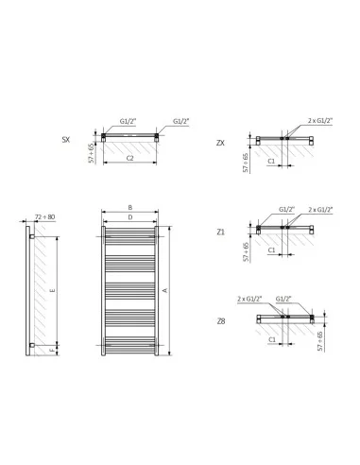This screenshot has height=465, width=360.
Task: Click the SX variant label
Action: [x=65, y=139]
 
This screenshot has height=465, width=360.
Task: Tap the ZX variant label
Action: [x=220, y=142]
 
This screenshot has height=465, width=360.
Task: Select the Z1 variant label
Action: [x=220, y=231]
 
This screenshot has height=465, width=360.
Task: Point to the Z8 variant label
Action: [x=220, y=320]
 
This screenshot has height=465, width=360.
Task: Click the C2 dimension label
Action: [x=129, y=158]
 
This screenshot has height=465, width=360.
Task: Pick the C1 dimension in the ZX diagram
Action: [x=271, y=161]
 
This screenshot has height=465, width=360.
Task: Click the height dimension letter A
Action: [x=166, y=290]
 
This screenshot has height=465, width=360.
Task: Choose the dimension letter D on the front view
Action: [x=129, y=218]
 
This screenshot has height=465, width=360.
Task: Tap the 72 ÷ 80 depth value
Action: [x=44, y=217]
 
